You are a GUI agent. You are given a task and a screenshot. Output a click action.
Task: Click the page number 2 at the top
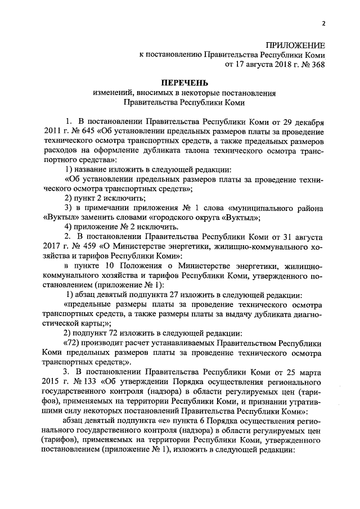point(323,23)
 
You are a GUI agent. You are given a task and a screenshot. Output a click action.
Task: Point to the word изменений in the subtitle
point(110,93)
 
